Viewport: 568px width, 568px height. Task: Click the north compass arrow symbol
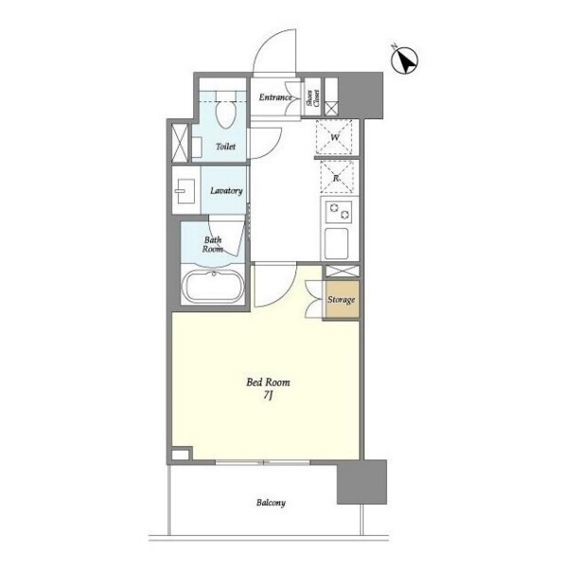point(404,61)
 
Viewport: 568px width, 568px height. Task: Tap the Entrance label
point(275,98)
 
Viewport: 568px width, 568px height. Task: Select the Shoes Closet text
point(313,98)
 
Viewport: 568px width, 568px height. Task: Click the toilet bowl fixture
point(225,115)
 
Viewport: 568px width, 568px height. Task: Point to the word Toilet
point(225,147)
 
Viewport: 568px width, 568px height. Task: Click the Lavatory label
point(226,190)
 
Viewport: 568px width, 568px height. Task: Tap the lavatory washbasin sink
point(186,191)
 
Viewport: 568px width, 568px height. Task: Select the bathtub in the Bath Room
point(214,286)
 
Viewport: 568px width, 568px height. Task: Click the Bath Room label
point(213,244)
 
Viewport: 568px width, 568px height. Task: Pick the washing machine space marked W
point(334,137)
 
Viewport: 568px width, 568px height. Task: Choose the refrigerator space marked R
point(336,178)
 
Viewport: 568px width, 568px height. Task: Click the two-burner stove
point(339,212)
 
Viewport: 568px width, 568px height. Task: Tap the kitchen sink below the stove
point(336,243)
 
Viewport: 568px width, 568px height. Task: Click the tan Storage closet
point(342,299)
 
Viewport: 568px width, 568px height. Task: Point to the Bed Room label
point(268,382)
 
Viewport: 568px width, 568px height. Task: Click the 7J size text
point(268,396)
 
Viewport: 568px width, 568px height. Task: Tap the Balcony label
point(271,503)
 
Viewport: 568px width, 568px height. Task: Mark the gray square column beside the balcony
point(362,482)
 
